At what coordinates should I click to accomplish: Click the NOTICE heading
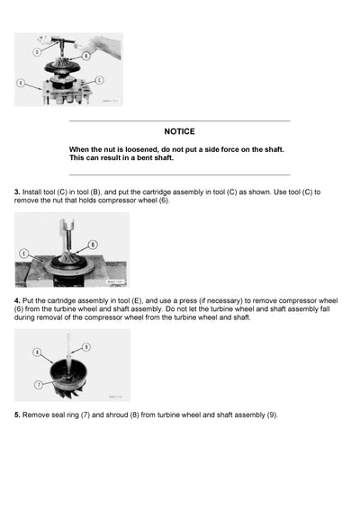tap(179, 131)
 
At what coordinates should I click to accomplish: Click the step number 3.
tap(17, 192)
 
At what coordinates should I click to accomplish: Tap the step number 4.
tap(17, 299)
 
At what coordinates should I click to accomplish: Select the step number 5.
tap(17, 415)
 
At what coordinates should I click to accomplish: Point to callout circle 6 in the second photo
tap(94, 245)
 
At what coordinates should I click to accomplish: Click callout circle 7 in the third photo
tap(38, 385)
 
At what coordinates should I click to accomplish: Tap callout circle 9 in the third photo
tap(86, 346)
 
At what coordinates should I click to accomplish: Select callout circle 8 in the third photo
tap(38, 353)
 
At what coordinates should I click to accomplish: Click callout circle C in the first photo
tap(99, 79)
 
